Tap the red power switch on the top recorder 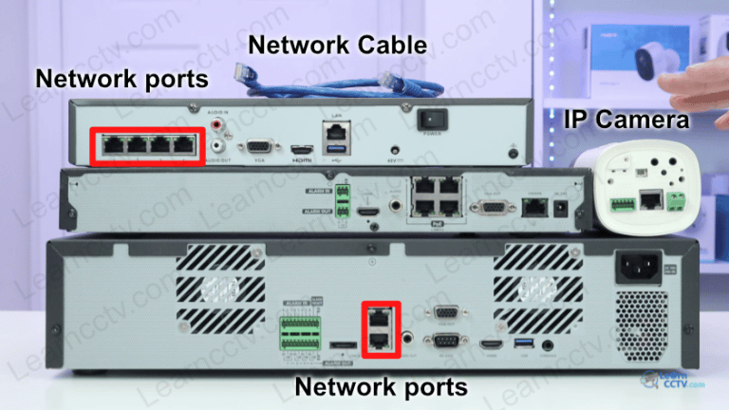433,120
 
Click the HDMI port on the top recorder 302,149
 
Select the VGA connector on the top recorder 258,147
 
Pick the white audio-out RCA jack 220,146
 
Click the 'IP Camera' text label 626,120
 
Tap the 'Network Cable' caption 337,45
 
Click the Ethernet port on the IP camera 652,199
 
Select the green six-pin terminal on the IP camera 623,202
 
